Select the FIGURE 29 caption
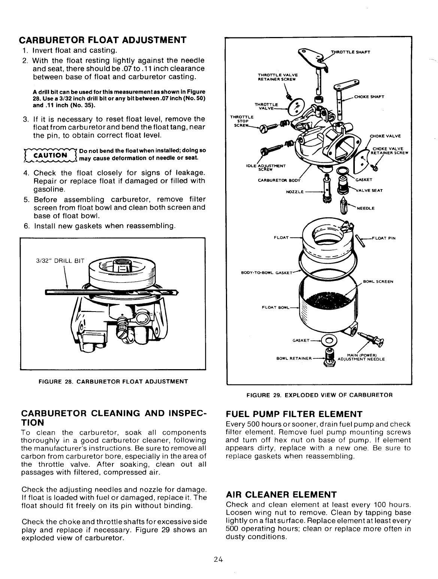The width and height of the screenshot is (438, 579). (319, 395)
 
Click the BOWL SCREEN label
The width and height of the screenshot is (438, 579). (378, 282)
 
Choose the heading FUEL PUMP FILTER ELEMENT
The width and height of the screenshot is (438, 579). (294, 414)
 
